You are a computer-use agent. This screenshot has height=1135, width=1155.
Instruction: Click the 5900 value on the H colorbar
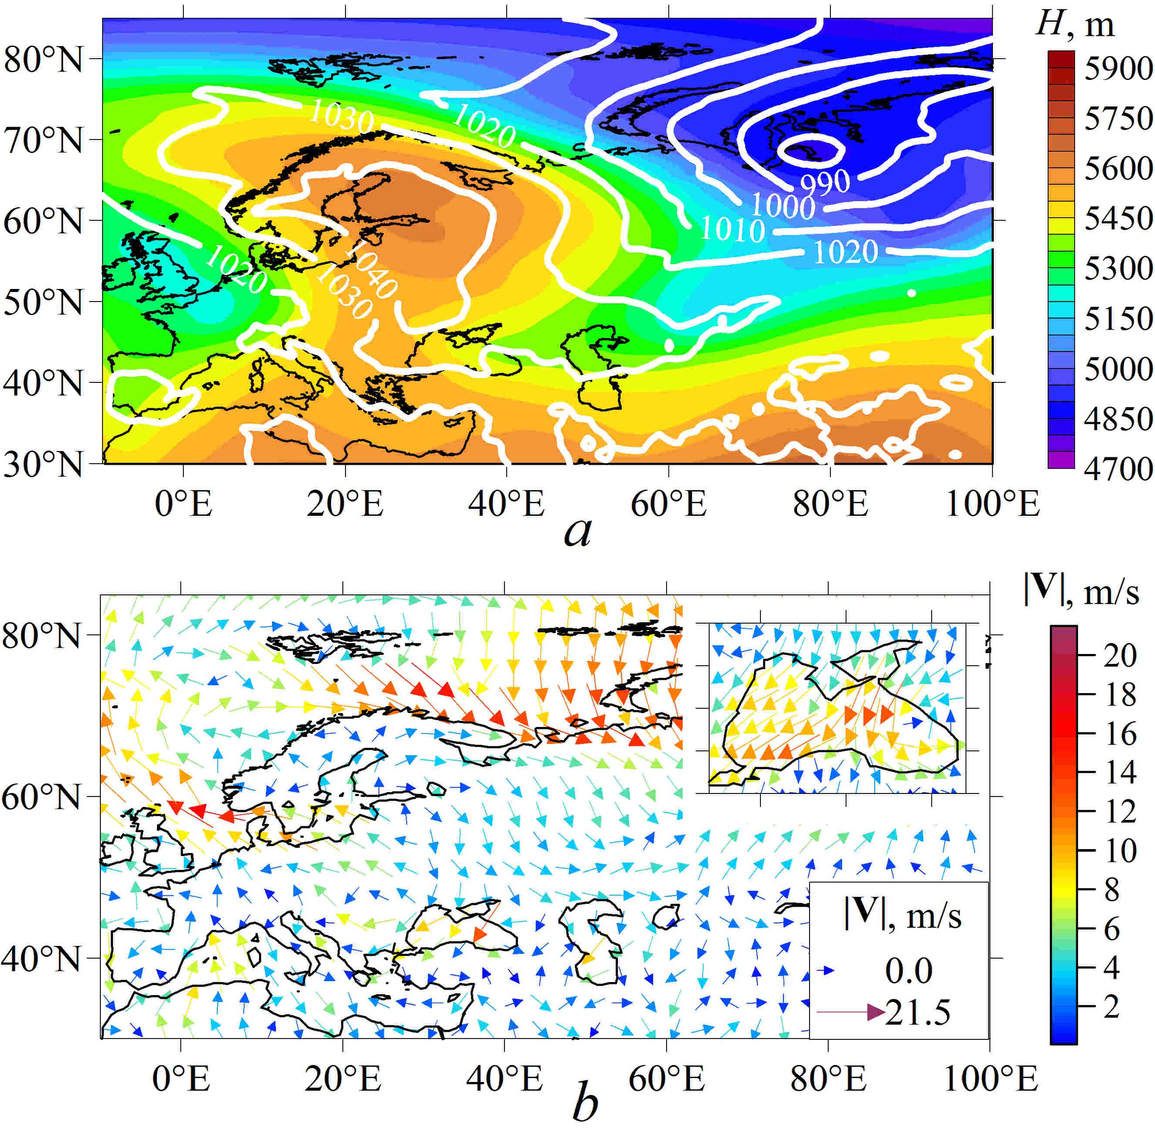pos(1118,69)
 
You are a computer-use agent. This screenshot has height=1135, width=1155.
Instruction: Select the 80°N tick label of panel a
pos(43,59)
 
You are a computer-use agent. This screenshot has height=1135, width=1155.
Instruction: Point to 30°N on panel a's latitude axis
pos(43,463)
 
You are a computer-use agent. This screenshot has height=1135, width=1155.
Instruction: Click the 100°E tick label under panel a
pos(992,504)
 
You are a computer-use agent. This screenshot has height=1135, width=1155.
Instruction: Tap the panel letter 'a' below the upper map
pos(577,531)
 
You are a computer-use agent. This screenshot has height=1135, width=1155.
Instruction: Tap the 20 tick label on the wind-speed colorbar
pos(1120,656)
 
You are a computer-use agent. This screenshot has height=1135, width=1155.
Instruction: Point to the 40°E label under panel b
pos(505,1079)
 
